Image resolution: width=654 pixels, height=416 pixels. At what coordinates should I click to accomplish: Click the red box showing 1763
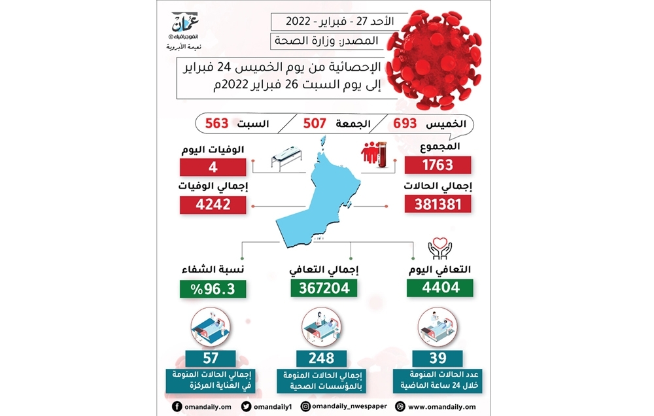(438, 165)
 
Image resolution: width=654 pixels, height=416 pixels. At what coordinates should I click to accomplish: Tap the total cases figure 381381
(438, 204)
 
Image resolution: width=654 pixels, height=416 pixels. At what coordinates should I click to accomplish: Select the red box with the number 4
(213, 165)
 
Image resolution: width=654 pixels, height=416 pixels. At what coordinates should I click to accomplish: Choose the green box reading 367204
(324, 287)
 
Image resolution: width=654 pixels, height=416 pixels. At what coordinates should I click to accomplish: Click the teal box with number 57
(212, 358)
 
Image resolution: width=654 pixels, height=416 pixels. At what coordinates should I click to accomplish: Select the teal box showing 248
(324, 358)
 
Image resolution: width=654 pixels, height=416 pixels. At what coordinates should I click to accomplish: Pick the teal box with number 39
(438, 358)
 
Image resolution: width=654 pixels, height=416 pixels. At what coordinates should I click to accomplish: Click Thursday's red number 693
(405, 123)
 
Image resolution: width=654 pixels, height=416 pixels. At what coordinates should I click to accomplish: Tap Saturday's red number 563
(216, 123)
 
